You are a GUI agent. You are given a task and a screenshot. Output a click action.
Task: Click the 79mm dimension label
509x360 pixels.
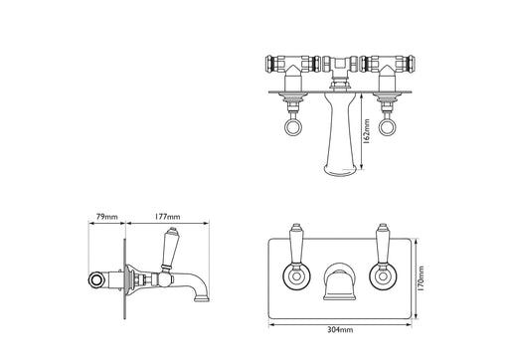pos(106,217)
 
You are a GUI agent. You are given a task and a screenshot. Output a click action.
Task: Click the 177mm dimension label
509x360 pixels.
pos(167,217)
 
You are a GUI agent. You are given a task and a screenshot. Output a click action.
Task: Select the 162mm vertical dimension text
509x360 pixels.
pos(366,131)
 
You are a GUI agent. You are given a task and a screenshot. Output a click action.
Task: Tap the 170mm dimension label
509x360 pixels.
pos(421,278)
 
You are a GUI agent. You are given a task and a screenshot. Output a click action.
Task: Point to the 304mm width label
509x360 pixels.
pos(340,330)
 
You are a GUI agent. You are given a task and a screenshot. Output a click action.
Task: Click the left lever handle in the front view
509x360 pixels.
pos(296,244)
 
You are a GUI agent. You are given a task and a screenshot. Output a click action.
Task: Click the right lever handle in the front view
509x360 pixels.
pos(383,244)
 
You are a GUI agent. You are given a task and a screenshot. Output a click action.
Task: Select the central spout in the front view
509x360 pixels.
pos(339,281)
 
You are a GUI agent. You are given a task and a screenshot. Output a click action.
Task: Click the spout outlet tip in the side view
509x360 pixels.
pos(202,299)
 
